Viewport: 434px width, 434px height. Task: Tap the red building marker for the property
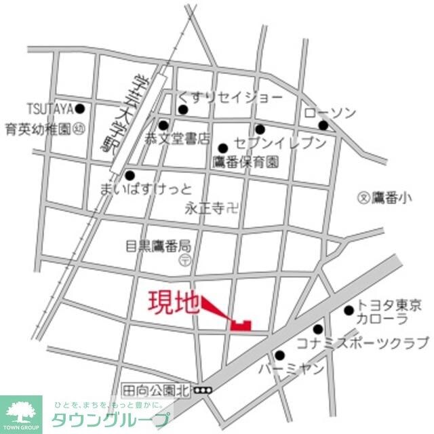coord(240,324)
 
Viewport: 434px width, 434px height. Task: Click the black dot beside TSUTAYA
coord(79,108)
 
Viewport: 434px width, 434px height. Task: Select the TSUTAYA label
coord(49,108)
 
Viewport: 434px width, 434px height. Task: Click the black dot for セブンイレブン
coord(260,129)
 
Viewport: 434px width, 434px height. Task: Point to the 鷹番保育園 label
coord(245,162)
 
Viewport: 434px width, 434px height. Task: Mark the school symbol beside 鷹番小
coord(364,198)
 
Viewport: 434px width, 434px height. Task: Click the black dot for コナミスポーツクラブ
coord(317,330)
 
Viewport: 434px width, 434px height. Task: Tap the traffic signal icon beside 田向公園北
coord(202,390)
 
